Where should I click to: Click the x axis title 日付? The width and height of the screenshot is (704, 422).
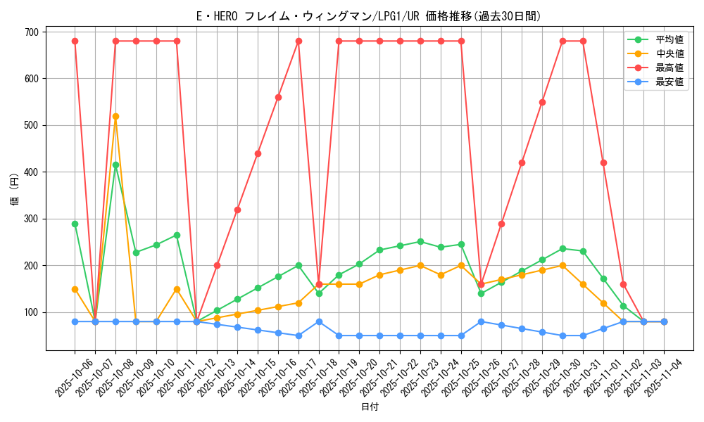(370, 407)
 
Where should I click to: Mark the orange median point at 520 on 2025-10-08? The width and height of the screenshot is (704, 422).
(115, 116)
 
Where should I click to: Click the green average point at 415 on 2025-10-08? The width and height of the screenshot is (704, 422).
(115, 165)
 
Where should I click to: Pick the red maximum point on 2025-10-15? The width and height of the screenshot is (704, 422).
(258, 153)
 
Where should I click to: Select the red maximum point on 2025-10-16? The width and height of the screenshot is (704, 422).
(278, 97)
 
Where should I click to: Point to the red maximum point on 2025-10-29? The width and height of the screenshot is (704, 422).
(542, 102)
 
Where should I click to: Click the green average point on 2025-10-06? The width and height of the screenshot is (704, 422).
(75, 224)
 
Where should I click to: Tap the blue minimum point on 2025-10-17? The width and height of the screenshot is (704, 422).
(298, 335)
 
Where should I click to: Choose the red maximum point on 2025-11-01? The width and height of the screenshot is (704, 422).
(603, 162)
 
